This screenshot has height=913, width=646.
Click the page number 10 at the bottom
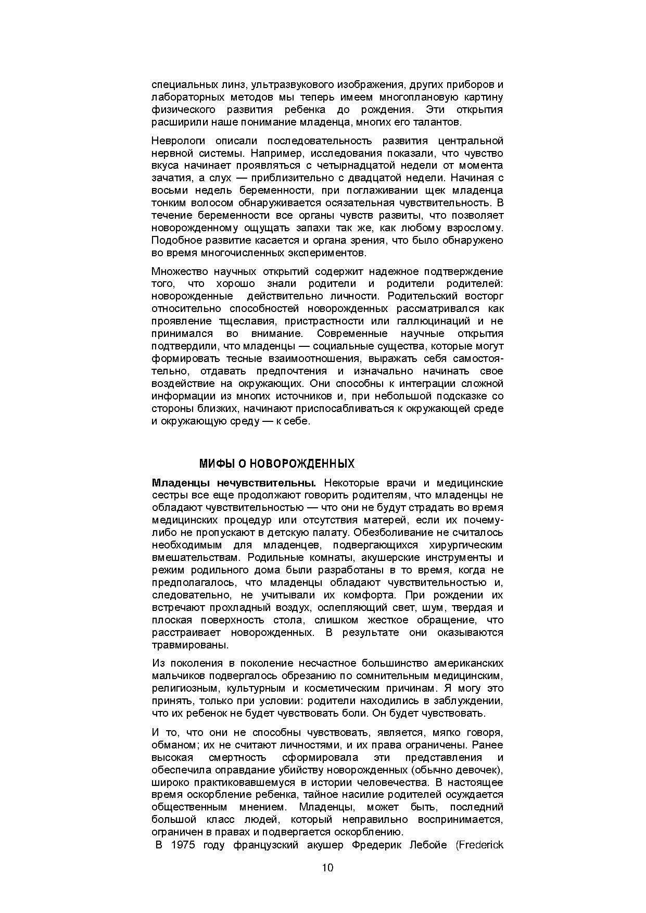pyautogui.click(x=327, y=868)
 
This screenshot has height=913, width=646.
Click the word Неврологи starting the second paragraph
pyautogui.click(x=179, y=141)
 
